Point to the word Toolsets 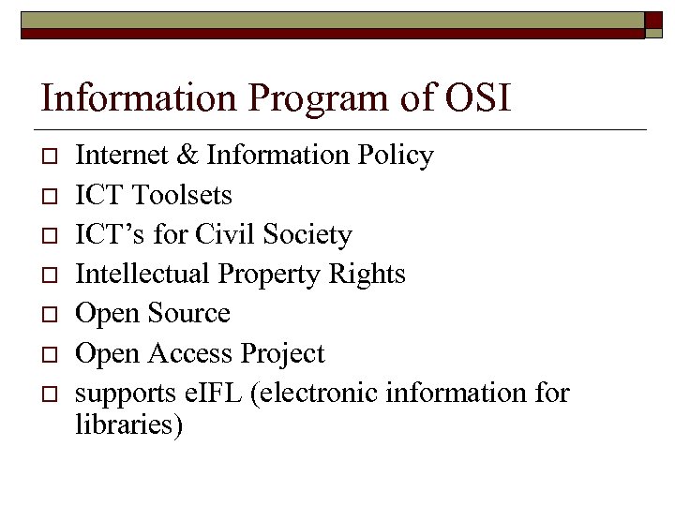pos(182,195)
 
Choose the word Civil pos(221,234)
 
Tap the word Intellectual pos(142,274)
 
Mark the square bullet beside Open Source pos(49,314)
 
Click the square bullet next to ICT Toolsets pos(49,196)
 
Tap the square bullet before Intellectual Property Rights pos(49,275)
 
